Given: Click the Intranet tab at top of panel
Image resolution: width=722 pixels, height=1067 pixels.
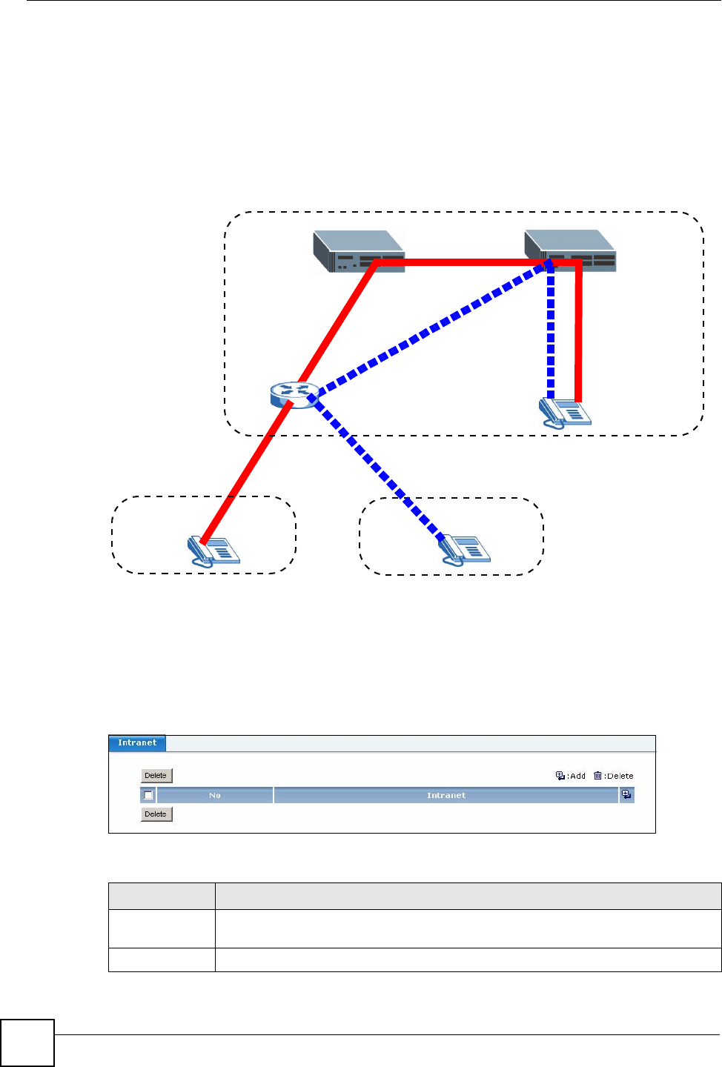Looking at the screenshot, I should (x=137, y=742).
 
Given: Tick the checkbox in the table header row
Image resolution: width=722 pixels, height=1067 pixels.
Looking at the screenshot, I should (x=148, y=795).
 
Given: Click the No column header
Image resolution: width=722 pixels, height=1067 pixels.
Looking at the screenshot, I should (x=215, y=795).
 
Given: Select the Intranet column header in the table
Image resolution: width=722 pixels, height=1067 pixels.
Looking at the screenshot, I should (x=446, y=795).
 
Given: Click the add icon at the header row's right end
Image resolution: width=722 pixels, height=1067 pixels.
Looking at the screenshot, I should (x=626, y=794).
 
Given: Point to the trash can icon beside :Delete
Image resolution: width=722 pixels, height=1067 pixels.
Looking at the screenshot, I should (x=597, y=776).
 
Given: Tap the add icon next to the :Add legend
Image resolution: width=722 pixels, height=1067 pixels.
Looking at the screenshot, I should (x=560, y=776).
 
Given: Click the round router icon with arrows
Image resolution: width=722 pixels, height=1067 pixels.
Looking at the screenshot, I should (x=294, y=394).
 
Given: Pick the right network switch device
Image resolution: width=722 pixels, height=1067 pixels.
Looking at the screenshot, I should (x=570, y=250).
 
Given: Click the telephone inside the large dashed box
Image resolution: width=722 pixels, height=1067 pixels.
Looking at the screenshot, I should (x=564, y=413).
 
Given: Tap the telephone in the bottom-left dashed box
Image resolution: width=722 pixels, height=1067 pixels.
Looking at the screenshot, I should (x=213, y=551).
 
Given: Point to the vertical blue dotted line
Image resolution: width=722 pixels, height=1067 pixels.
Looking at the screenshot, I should (x=551, y=333).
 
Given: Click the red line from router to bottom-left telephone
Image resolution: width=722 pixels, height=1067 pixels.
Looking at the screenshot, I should (x=245, y=474).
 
